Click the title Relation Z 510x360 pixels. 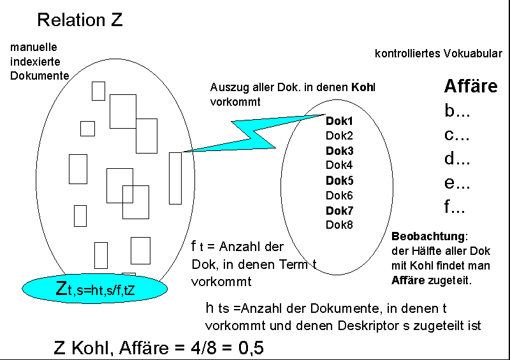80,20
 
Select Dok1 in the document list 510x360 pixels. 339,120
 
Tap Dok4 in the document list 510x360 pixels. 339,165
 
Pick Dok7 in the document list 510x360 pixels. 339,210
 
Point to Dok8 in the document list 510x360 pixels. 339,225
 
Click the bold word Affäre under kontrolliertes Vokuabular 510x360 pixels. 470,87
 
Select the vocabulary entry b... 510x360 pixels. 456,111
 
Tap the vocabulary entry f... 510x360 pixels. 455,206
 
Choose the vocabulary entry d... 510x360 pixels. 456,159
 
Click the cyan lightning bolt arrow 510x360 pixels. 255,134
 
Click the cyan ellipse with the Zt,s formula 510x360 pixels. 95,289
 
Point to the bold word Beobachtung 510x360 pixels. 429,236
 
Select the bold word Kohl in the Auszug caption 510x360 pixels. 363,87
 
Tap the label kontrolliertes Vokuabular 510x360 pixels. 438,54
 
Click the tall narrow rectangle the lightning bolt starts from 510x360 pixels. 175,178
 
